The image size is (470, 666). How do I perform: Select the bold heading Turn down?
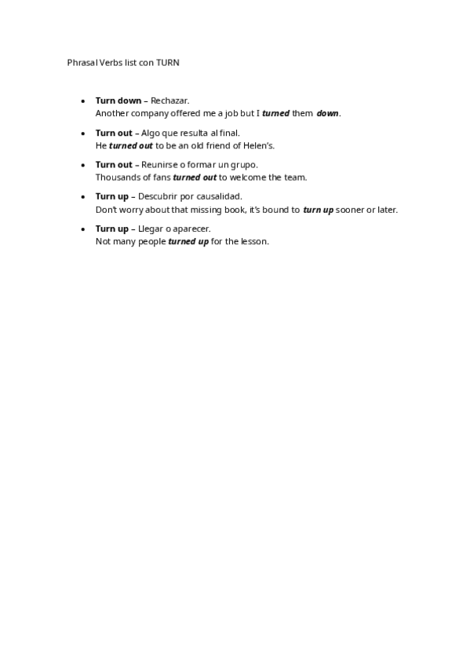point(118,101)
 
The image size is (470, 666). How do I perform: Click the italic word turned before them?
point(275,113)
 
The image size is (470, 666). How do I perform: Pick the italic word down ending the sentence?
point(327,113)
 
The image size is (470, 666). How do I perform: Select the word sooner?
point(350,210)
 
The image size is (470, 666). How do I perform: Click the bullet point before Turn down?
point(84,101)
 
